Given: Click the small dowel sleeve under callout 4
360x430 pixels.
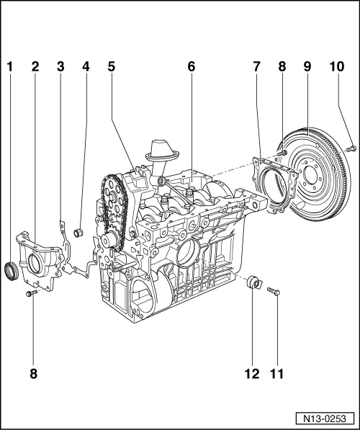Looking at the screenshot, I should coord(81,232).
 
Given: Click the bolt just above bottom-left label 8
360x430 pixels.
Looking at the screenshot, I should coord(32,294).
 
